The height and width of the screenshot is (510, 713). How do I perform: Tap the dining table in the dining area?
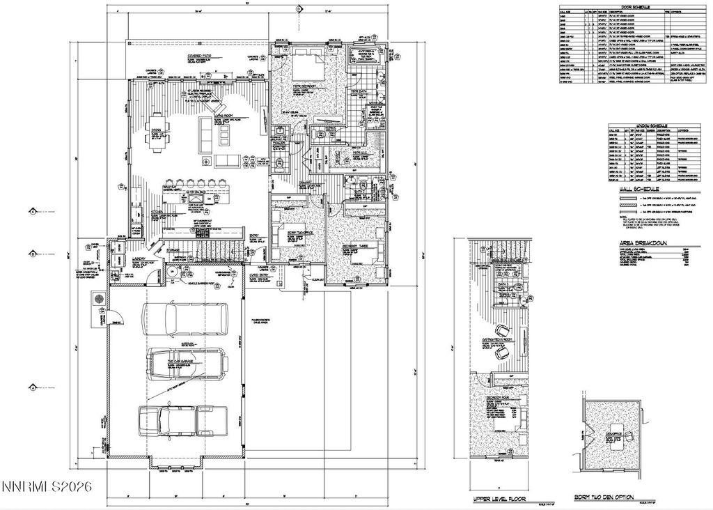[x=156, y=132]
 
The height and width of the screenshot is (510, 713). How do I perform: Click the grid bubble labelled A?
[x=32, y=387]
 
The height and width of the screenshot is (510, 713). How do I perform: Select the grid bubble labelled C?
[x=32, y=210]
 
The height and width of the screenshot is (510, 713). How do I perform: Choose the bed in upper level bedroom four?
[x=499, y=422]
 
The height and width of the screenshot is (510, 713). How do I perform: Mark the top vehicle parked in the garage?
[x=184, y=319]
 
